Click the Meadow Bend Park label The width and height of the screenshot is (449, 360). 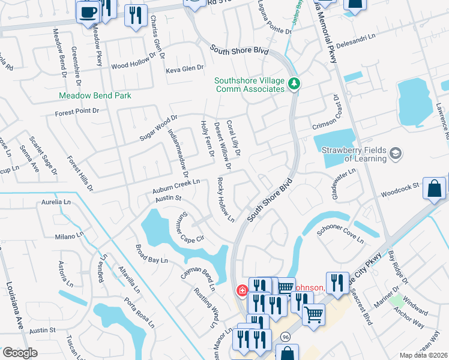(x=95, y=95)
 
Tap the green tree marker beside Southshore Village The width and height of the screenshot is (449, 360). (x=294, y=84)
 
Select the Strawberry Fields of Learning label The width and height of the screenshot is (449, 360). (x=354, y=154)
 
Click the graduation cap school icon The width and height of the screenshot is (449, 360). (x=396, y=154)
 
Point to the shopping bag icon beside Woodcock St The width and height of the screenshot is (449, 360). (x=435, y=189)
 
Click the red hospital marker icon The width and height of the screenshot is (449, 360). (x=242, y=291)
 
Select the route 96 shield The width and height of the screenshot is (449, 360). (x=283, y=338)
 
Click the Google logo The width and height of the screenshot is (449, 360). (x=20, y=353)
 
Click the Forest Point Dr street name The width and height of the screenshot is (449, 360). (x=76, y=110)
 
